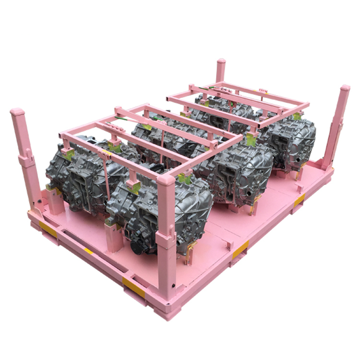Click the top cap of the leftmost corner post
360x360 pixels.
(17, 112)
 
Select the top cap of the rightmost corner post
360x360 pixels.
(345, 89)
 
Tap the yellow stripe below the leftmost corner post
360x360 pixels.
(48, 229)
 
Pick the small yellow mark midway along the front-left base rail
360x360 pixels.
(88, 251)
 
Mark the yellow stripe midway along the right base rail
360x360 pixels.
(240, 250)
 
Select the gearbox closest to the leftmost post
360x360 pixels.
(72, 168)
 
